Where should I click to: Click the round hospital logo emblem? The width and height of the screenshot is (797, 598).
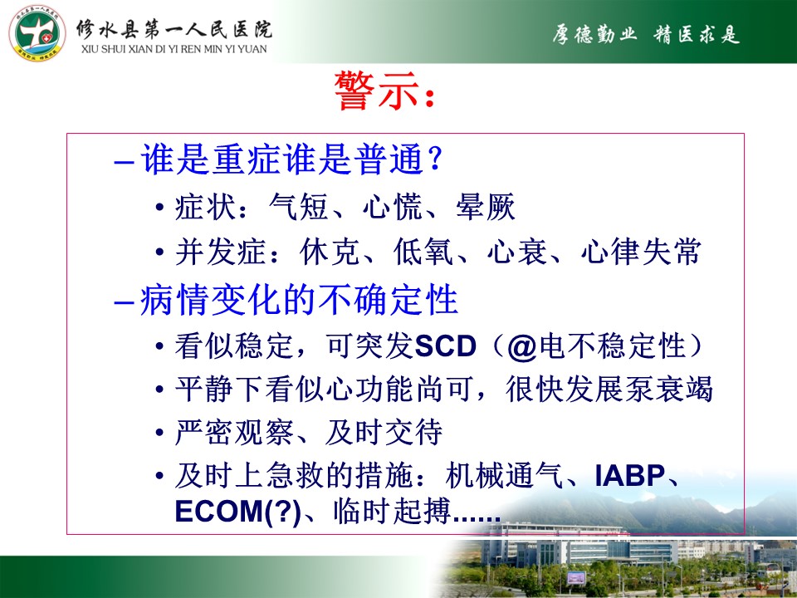click(x=37, y=34)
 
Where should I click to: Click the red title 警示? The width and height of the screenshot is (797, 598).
click(x=377, y=91)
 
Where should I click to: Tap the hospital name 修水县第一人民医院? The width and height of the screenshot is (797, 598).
click(x=174, y=30)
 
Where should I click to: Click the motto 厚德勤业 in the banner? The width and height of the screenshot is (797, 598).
click(x=594, y=35)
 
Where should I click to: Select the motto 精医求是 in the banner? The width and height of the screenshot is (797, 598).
click(x=697, y=35)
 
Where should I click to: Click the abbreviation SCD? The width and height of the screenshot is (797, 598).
click(x=445, y=346)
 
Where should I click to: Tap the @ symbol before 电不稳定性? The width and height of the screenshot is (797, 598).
click(x=522, y=347)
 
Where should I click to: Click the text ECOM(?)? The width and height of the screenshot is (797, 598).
click(x=238, y=512)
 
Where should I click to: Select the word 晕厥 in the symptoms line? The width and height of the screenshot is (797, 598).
click(x=486, y=207)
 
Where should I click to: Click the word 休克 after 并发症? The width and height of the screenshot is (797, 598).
click(x=330, y=252)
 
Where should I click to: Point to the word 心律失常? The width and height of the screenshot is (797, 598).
click(x=642, y=252)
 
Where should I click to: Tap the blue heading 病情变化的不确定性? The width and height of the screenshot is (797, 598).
click(x=299, y=300)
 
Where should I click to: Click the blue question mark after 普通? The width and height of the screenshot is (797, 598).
click(x=436, y=159)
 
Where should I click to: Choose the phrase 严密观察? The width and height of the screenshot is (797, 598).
click(x=234, y=433)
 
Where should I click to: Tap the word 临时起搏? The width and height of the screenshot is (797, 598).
click(x=393, y=512)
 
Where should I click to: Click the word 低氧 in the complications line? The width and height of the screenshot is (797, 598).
click(x=423, y=252)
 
